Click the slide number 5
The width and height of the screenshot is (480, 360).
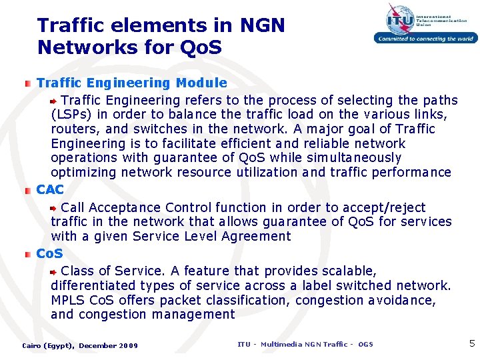click(472, 344)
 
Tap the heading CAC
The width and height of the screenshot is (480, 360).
click(50, 190)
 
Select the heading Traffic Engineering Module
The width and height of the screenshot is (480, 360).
click(131, 83)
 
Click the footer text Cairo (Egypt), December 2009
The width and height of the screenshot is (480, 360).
click(80, 345)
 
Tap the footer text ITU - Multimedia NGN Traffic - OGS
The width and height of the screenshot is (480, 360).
click(305, 344)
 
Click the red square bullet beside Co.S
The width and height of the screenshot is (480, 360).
click(27, 254)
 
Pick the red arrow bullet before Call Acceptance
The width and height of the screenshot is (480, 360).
click(56, 208)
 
